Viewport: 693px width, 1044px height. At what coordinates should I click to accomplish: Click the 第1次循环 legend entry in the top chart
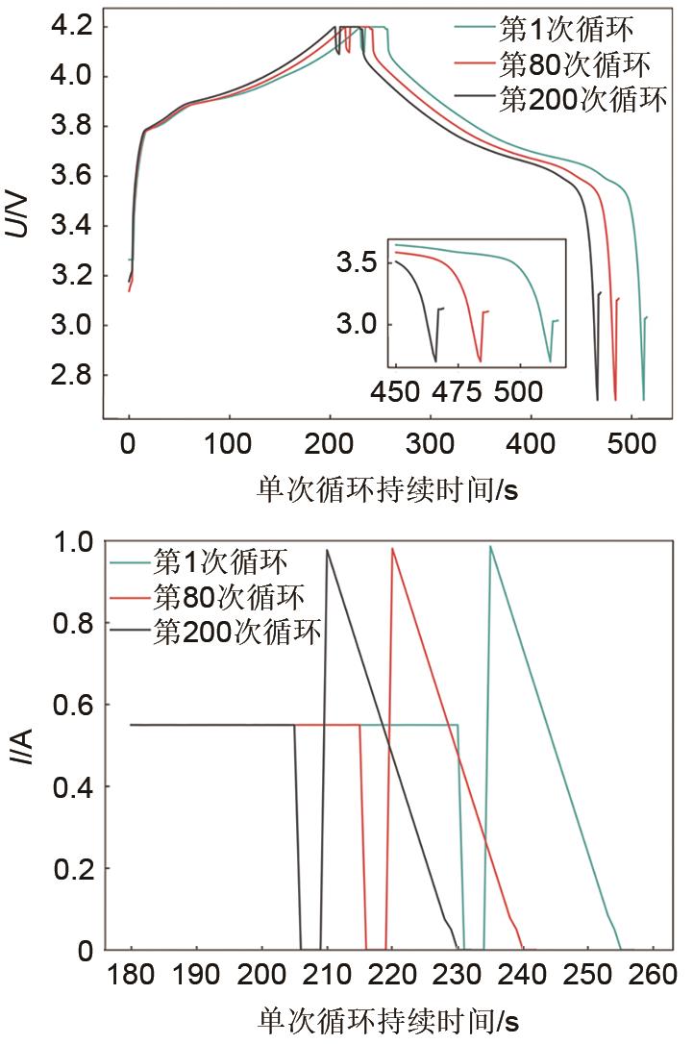(557, 31)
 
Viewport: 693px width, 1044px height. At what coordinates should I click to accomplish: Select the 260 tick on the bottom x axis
(652, 980)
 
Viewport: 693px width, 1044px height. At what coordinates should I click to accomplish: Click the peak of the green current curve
(490, 546)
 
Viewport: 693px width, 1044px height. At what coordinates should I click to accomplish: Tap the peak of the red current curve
(392, 548)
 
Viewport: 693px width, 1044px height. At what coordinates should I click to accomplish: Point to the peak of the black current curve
(327, 550)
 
